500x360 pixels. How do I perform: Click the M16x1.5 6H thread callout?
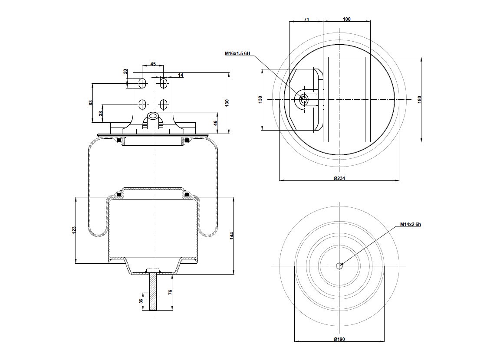(x=237, y=53)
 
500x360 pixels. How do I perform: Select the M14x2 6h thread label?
(x=411, y=224)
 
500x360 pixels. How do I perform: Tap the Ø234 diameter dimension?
(x=339, y=178)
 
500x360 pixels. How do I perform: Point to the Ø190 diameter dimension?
(x=339, y=339)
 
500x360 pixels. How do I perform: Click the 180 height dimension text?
(x=420, y=99)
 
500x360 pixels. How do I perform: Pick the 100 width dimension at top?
(x=347, y=19)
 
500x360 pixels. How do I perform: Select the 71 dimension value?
(x=306, y=20)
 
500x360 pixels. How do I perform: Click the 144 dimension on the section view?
(x=232, y=236)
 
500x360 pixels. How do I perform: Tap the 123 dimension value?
(x=74, y=230)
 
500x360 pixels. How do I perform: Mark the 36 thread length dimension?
(x=141, y=301)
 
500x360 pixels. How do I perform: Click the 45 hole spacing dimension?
(x=153, y=64)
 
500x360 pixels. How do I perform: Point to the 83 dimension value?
(x=91, y=103)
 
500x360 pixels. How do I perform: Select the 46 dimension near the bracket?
(x=215, y=123)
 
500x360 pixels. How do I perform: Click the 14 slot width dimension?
(x=181, y=75)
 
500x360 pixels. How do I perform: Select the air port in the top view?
(x=303, y=99)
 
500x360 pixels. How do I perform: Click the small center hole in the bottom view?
(x=339, y=266)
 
